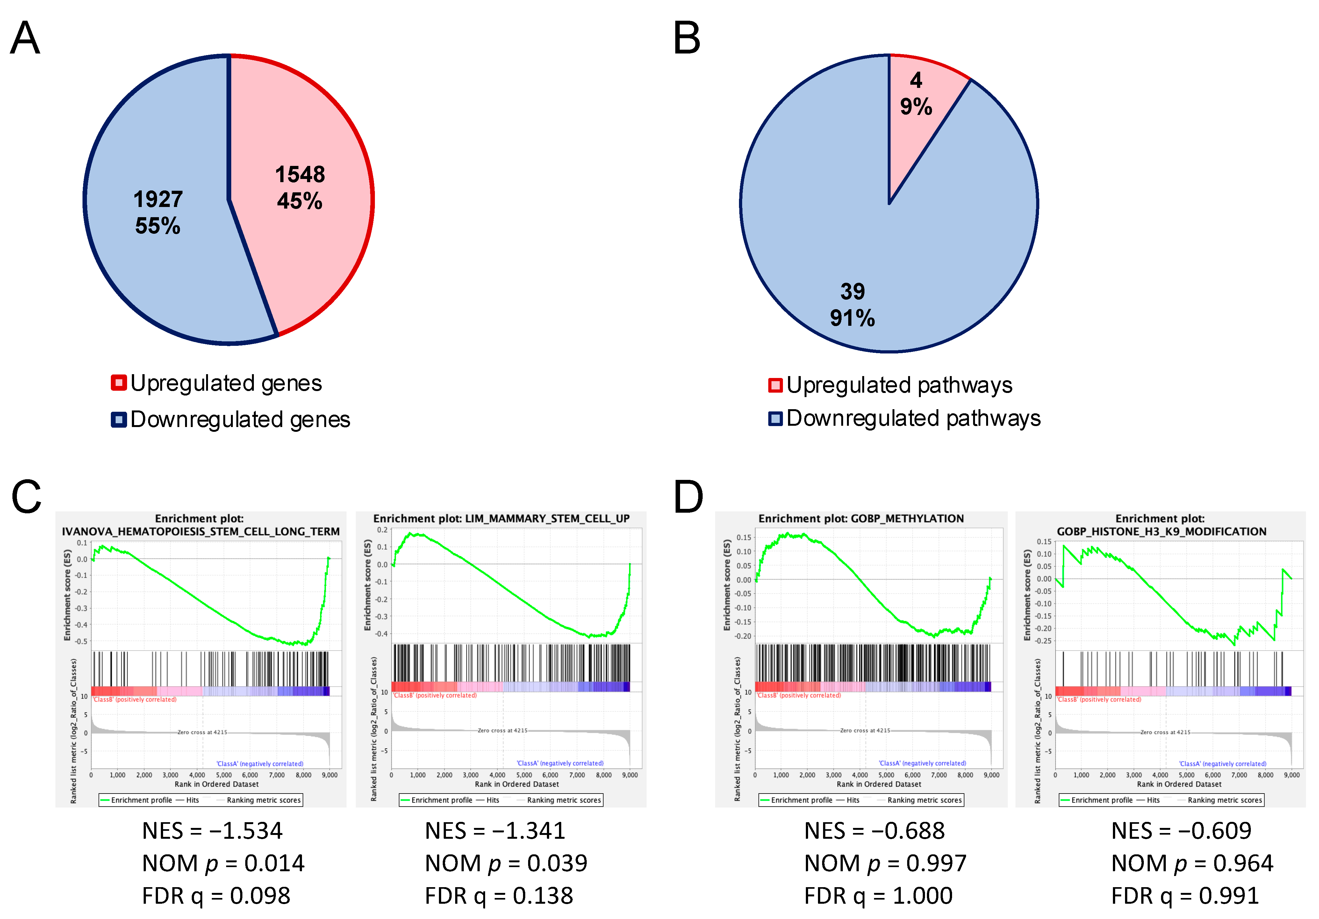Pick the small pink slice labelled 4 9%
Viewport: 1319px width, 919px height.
click(916, 95)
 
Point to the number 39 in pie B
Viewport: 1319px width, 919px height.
click(852, 292)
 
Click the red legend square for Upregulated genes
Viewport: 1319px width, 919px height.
click(118, 383)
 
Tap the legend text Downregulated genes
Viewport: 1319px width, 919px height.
click(240, 419)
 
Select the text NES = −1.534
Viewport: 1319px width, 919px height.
click(212, 830)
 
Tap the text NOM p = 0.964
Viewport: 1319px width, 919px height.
click(1192, 863)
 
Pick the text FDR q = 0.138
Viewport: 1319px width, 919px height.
click(499, 895)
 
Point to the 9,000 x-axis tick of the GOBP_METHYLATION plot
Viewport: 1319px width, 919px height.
click(991, 775)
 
